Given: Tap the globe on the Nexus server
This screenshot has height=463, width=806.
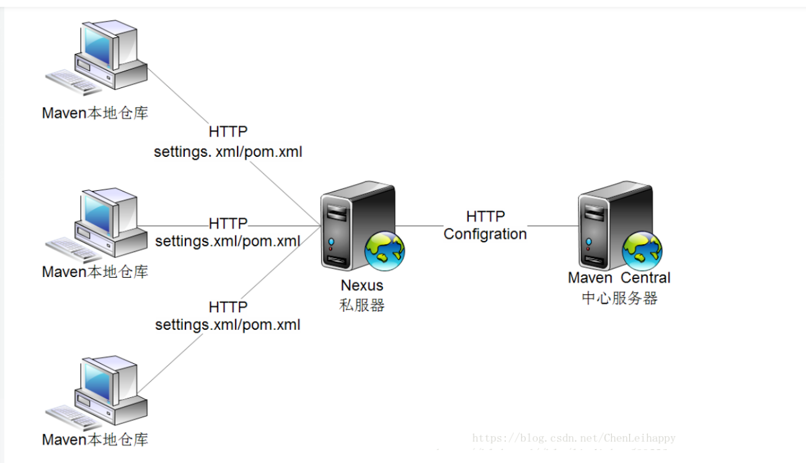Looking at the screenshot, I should (x=384, y=251).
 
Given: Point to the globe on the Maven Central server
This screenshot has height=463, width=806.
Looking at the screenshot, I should (x=642, y=250).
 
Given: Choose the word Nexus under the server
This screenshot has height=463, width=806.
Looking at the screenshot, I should (x=362, y=286).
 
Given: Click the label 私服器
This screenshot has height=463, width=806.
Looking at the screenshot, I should (x=362, y=306).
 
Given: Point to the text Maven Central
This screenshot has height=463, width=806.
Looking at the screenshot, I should (x=619, y=278).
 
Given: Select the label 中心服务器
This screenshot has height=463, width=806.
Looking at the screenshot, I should (x=619, y=298).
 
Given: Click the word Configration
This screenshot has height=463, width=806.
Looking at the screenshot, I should (x=485, y=234).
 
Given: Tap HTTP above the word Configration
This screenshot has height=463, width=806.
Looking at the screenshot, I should (x=485, y=216).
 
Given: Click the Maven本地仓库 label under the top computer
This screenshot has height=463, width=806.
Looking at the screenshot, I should (x=95, y=113).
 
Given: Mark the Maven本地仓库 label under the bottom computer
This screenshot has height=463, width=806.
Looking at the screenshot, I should (x=95, y=440).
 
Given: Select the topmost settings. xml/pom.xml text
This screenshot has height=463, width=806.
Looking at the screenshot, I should (x=228, y=152).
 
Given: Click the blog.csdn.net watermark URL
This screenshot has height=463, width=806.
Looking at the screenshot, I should (x=573, y=438).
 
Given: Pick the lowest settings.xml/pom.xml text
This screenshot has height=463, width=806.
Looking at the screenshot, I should (x=228, y=324).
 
